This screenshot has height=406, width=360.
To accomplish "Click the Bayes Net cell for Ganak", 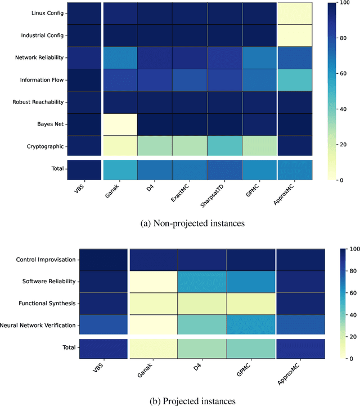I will pyautogui.click(x=120, y=124).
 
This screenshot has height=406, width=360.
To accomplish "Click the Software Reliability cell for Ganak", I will pyautogui.click(x=154, y=281).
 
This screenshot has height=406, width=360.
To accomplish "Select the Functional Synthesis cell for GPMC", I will pyautogui.click(x=250, y=304).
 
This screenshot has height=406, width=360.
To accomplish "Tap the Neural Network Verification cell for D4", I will pyautogui.click(x=202, y=325).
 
